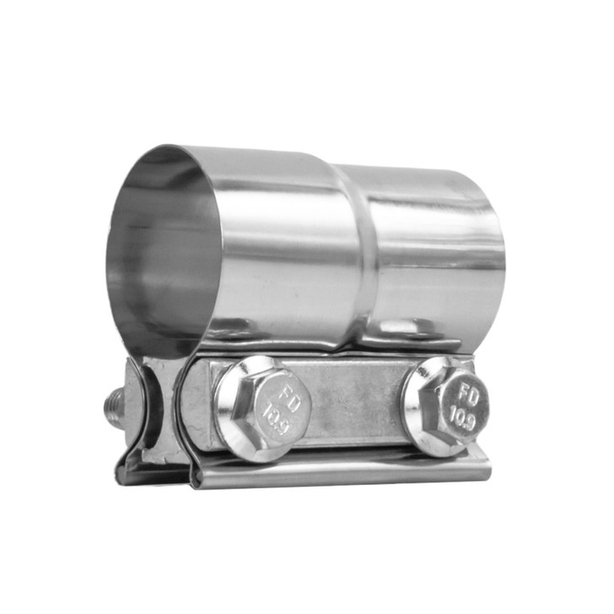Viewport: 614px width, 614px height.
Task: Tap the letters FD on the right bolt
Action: click(x=464, y=392)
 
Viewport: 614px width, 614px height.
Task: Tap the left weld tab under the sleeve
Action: click(x=234, y=326)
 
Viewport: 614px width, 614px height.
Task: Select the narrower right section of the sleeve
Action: click(x=430, y=245)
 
